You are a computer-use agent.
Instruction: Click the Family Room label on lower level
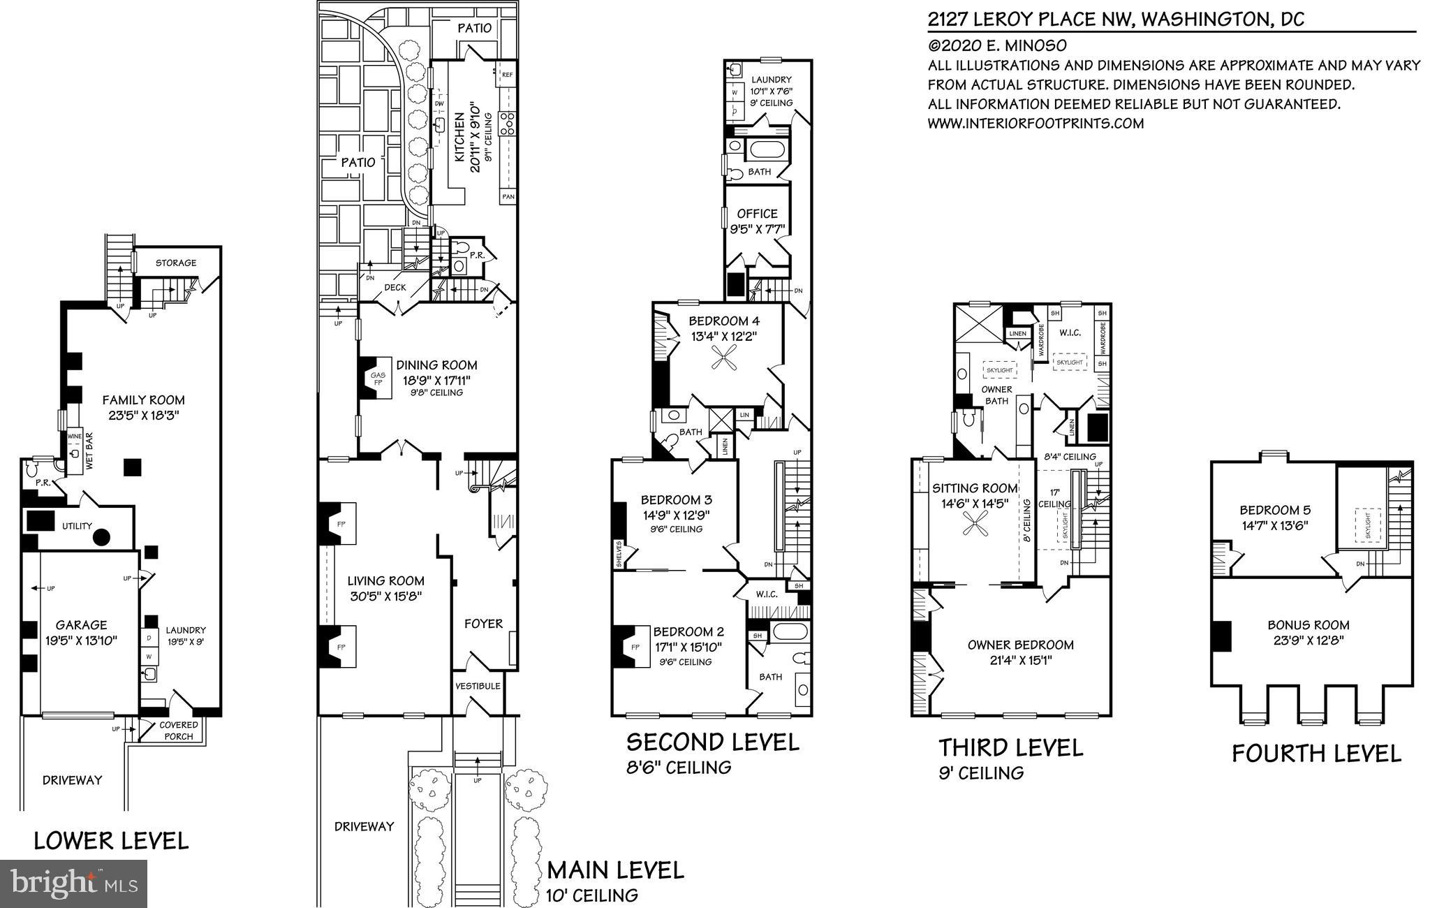143,400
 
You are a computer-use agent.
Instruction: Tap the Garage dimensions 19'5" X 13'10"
82,640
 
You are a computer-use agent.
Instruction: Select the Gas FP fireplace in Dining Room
378,379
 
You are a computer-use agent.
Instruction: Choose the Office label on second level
757,214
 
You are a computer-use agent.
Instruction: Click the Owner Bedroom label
1010,645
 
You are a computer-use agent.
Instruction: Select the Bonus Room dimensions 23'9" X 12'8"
1308,640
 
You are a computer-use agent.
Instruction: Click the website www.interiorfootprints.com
1035,124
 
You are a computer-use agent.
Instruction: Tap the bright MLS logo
74,883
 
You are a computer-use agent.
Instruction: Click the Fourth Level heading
1316,754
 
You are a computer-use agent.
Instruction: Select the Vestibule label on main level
478,686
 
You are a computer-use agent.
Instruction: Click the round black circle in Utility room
102,537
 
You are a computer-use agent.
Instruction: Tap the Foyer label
483,624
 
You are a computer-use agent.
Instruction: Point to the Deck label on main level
395,287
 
